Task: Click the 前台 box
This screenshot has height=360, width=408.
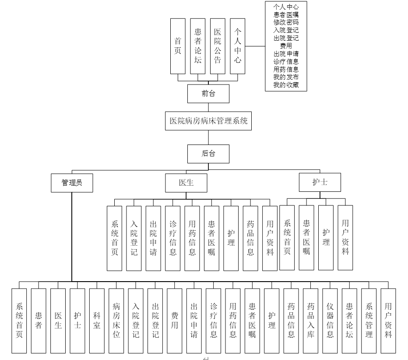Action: tap(208, 93)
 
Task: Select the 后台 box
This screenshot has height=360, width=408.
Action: tap(208, 153)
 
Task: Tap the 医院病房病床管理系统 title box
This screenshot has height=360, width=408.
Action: tap(208, 121)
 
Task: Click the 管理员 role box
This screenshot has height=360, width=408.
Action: tap(72, 183)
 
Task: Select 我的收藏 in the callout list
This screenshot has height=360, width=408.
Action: tap(286, 85)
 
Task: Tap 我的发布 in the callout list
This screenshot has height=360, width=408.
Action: tap(286, 77)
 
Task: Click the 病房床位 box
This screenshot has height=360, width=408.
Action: tap(117, 321)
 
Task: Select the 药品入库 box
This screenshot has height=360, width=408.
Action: tap(311, 321)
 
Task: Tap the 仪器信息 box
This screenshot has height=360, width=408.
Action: tap(330, 321)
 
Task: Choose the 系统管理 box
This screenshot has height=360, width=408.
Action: tap(369, 321)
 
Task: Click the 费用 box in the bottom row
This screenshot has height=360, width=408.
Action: tap(175, 321)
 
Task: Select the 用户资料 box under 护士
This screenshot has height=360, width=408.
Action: tap(345, 238)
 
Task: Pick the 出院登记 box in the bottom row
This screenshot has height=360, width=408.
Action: tap(155, 321)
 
